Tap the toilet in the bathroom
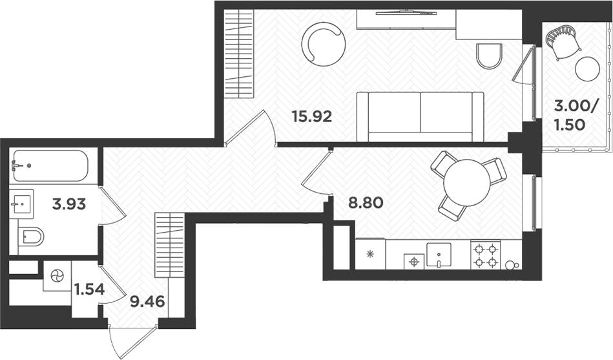(x=31, y=237)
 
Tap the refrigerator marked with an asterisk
(x=370, y=254)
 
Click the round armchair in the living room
(x=322, y=45)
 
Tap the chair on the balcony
(x=563, y=43)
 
